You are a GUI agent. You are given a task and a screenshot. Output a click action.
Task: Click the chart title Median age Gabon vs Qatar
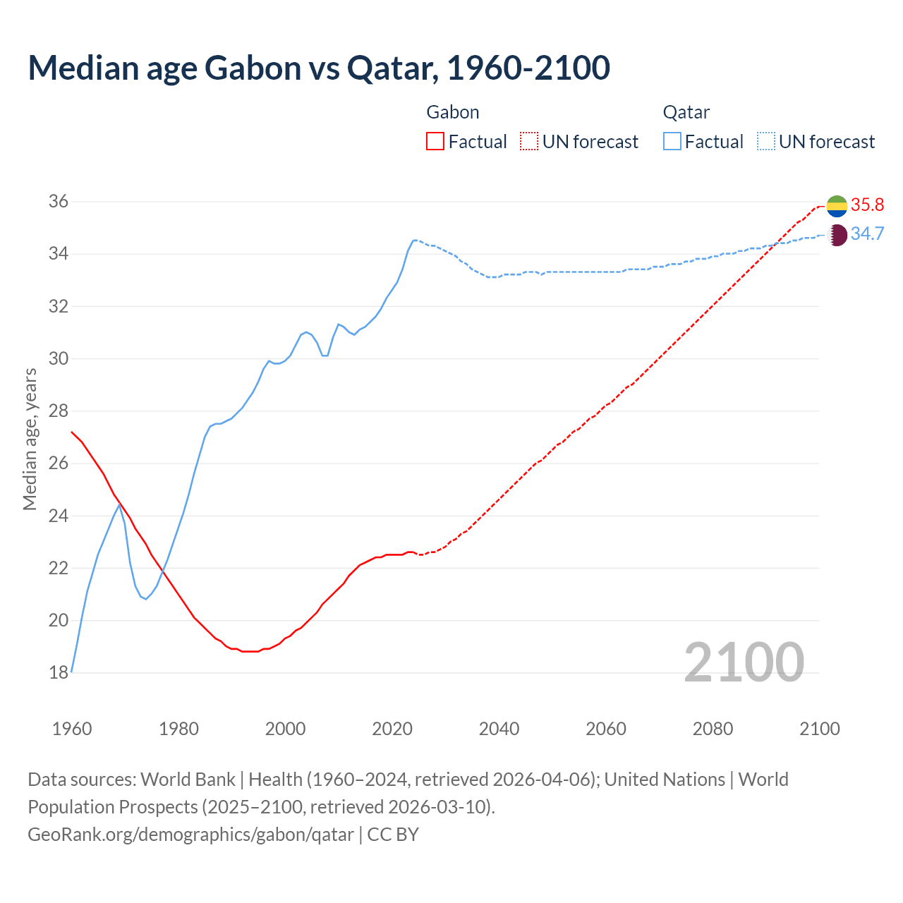[319, 68]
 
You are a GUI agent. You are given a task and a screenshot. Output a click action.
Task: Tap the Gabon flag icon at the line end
[837, 205]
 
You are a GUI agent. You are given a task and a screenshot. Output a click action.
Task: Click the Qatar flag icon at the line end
[837, 234]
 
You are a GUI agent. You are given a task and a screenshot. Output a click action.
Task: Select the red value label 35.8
[867, 205]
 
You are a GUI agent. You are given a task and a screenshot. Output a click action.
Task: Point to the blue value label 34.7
[867, 234]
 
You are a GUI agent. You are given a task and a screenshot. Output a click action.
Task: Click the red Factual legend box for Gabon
[435, 142]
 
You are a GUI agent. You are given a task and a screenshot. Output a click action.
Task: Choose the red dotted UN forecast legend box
[529, 142]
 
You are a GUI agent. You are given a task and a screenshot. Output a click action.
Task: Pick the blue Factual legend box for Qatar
[672, 142]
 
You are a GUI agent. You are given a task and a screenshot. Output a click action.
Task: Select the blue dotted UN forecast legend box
[765, 142]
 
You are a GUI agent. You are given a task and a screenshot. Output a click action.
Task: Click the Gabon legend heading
[453, 112]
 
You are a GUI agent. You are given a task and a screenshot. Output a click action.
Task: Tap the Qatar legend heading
[686, 112]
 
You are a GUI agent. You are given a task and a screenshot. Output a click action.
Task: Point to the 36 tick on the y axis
[59, 201]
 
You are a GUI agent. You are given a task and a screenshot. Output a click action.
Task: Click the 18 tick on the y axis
[59, 672]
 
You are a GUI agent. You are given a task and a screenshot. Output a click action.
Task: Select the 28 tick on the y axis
[59, 411]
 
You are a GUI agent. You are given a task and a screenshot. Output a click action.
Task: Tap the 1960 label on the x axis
[72, 729]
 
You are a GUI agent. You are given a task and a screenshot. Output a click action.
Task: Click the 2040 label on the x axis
[499, 729]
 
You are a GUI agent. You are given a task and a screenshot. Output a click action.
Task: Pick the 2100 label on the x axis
[819, 729]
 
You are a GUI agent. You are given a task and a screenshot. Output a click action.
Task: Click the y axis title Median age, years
[30, 439]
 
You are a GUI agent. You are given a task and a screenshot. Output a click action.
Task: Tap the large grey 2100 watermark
[744, 662]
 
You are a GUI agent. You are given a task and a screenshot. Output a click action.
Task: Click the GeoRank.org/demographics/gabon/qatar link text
[190, 835]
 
